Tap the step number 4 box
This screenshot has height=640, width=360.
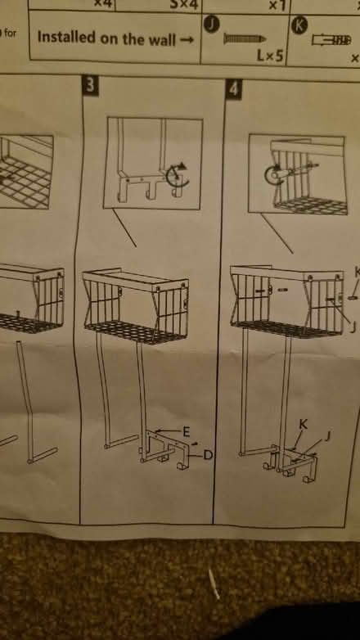pos(233,89)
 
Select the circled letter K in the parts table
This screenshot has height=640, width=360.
pos(299,26)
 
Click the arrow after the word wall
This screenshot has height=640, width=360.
pos(188,38)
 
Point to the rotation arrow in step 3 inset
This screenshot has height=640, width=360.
pos(177,175)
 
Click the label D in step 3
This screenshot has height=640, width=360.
pos(207,453)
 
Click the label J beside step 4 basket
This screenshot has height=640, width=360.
pos(352,327)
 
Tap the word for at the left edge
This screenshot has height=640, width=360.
pos(10,33)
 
